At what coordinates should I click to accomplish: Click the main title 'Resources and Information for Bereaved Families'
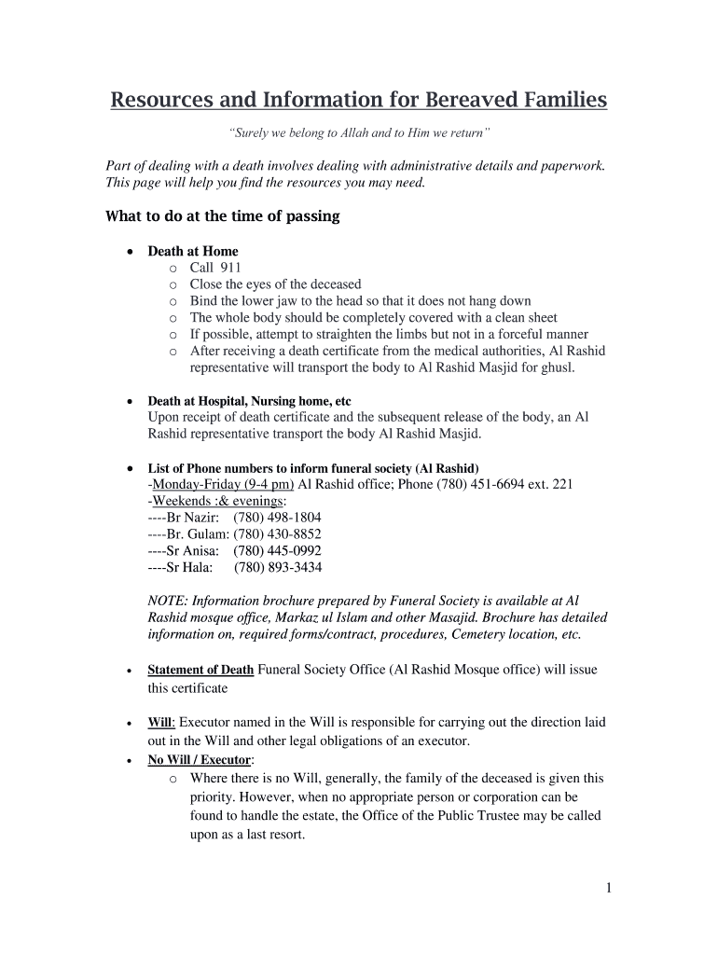pos(359,100)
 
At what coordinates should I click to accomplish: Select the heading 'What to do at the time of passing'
pos(223,216)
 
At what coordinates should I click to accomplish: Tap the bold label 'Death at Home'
pos(193,251)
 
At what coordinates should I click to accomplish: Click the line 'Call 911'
pos(215,268)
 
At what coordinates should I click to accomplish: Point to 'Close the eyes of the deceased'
pos(275,284)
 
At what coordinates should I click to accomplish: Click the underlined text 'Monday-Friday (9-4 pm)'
pos(222,484)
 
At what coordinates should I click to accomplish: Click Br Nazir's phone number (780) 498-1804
pos(277,518)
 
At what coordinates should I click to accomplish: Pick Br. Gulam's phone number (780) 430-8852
pos(277,534)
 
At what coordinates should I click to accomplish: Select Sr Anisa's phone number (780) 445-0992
pos(277,551)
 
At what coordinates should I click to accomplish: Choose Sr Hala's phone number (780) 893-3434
pos(277,568)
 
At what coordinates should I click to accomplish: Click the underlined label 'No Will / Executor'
pos(200,760)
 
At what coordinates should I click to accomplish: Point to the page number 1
pos(608,888)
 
